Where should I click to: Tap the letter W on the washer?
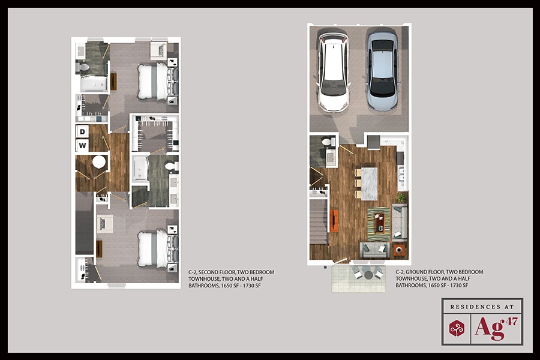(82, 145)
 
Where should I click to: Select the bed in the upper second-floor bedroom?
(153, 81)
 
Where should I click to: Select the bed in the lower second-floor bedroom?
(153, 249)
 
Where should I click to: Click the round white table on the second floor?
(99, 161)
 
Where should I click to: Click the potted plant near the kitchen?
(401, 197)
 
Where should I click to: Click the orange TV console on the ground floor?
(334, 220)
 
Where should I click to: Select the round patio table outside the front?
(368, 275)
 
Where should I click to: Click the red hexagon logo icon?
(457, 328)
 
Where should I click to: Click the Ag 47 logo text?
(495, 328)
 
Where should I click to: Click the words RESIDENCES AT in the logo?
(482, 307)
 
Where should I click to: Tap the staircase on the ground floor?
(319, 222)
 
